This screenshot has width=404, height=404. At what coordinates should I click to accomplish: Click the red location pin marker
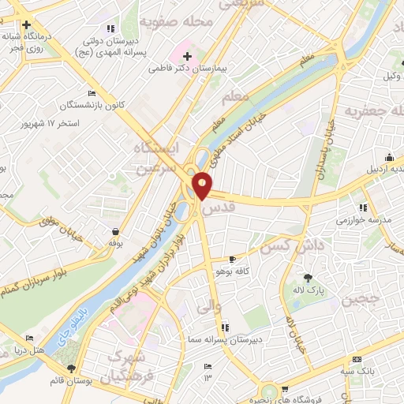click(203, 185)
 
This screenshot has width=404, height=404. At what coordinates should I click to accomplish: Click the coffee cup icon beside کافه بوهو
click(232, 259)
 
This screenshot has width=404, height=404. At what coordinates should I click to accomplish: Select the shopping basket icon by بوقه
click(116, 231)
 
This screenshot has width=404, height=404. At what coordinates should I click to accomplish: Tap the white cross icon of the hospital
click(187, 56)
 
